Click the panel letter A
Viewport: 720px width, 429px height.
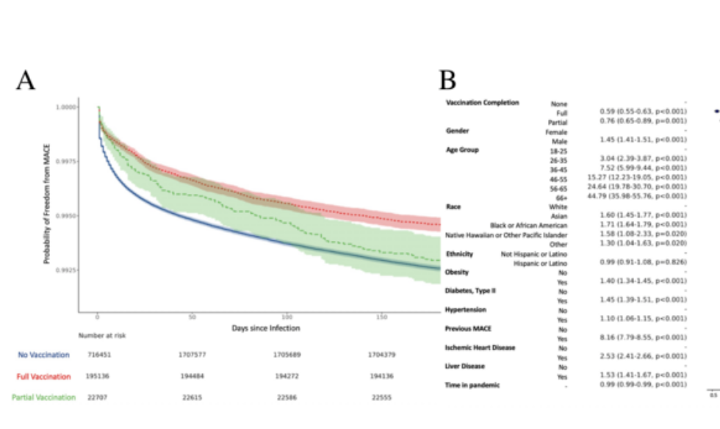point(26,82)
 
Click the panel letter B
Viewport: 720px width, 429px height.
point(448,81)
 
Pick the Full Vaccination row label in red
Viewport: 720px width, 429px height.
point(43,376)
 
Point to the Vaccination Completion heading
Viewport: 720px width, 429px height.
point(483,102)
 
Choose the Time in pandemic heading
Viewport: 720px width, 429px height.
point(474,384)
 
